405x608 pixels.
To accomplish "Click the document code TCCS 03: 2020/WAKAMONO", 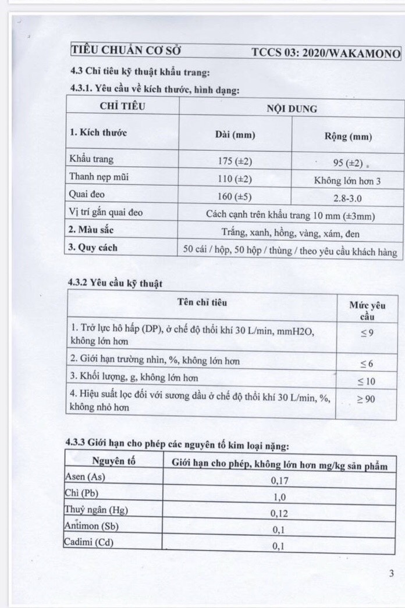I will point(326,53).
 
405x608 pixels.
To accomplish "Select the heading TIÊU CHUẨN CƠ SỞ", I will point(126,51).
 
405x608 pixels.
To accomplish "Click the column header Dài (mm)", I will point(235,135).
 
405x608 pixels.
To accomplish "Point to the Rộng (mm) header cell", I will point(348,137).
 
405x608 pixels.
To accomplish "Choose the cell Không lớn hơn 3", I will point(347,181).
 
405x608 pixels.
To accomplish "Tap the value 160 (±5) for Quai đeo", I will point(235,195).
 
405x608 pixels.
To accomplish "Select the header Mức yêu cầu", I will point(367,310).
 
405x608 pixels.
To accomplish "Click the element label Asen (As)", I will point(87,476).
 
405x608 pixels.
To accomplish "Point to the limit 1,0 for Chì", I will point(280,496).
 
